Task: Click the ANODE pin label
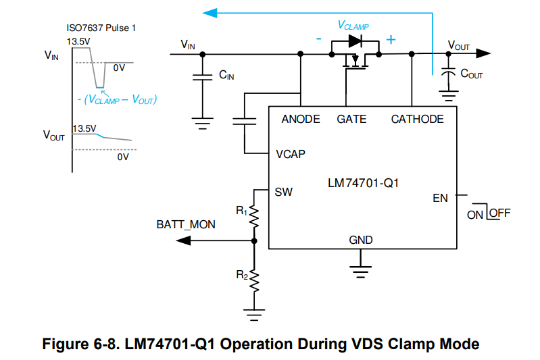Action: tap(301, 120)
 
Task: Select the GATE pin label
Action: tap(351, 120)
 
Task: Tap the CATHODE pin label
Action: tap(417, 120)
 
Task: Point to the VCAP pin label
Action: tap(291, 154)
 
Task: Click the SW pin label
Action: tap(284, 192)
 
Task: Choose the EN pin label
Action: tap(440, 199)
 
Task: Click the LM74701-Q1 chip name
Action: tap(362, 182)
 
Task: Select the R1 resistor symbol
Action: tap(254, 217)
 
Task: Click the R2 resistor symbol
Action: tap(254, 280)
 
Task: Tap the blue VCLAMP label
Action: tap(353, 25)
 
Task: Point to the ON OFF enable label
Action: tap(488, 213)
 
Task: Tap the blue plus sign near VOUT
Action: tap(390, 40)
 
